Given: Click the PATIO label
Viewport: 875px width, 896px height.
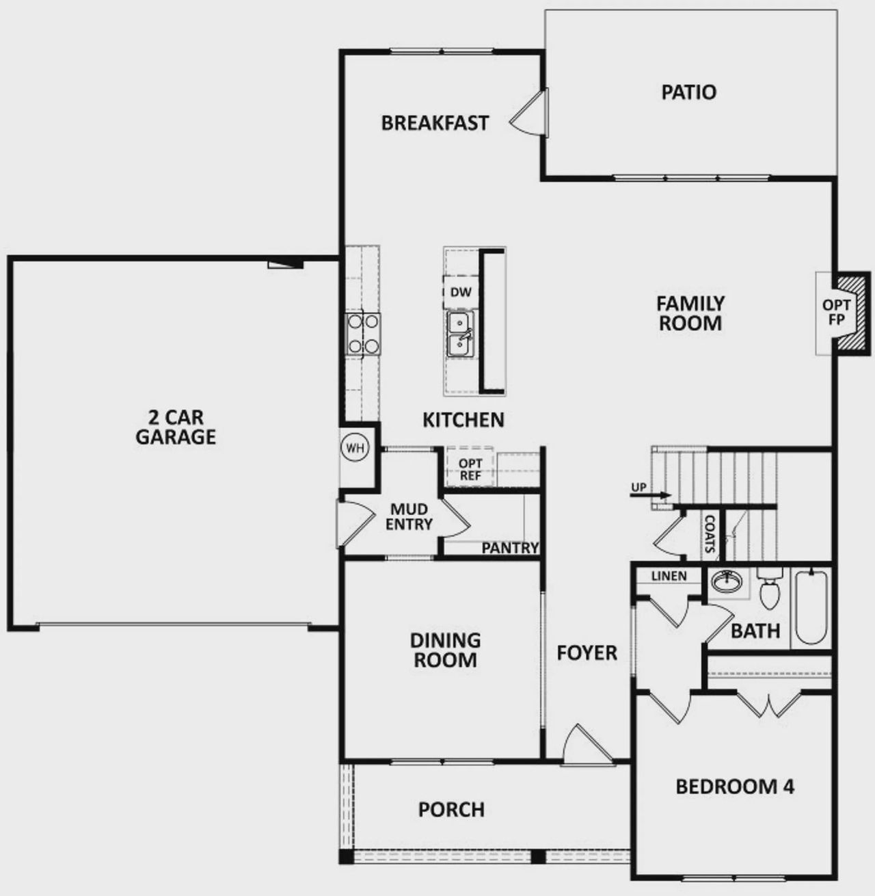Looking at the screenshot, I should [x=688, y=92].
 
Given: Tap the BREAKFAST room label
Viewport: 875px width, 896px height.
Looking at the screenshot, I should [x=435, y=123].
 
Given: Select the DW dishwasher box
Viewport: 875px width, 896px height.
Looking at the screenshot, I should [x=461, y=292].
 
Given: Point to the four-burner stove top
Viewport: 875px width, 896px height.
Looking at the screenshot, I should [x=363, y=333].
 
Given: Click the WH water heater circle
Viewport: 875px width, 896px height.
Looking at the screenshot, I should [x=355, y=448].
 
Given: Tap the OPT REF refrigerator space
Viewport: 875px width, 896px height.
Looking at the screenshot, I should [x=470, y=469].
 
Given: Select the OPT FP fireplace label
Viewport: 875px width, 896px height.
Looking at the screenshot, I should [x=836, y=313].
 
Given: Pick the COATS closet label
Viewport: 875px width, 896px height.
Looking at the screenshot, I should [x=710, y=533].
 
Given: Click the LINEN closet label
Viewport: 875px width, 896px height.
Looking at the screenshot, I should [x=669, y=576].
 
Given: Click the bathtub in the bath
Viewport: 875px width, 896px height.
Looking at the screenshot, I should [x=811, y=607].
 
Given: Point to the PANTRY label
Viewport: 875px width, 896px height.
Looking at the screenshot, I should [x=510, y=548].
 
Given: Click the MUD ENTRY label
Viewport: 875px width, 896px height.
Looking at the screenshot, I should [x=409, y=517].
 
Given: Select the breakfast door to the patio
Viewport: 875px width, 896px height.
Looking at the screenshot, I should [x=531, y=114].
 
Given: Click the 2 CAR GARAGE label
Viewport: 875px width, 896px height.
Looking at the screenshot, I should [x=176, y=427].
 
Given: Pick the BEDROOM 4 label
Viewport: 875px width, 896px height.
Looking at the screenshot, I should [x=735, y=787].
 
